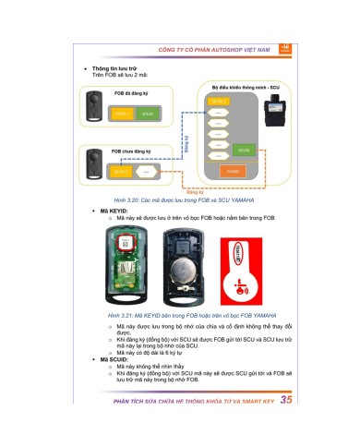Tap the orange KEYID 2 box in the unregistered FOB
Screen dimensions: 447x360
(120, 172)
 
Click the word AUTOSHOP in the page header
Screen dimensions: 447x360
(224, 47)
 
